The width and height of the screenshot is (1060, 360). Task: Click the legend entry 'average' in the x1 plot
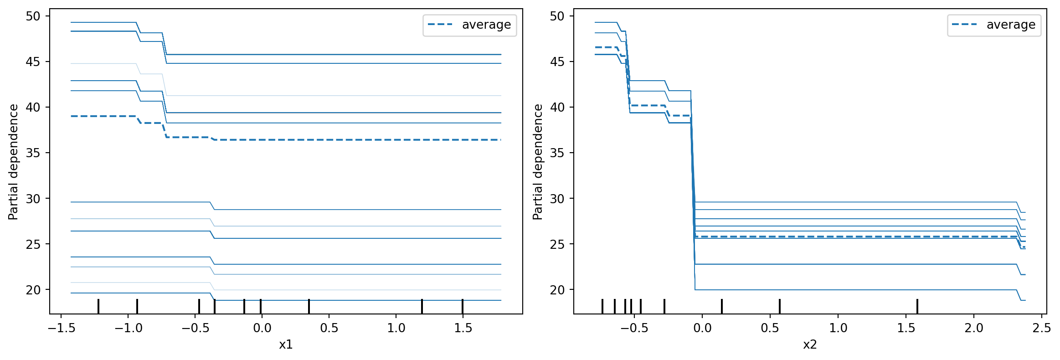pos(486,25)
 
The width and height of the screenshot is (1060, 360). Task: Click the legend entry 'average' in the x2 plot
pos(1011,25)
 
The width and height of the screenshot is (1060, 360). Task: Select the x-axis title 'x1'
pos(286,345)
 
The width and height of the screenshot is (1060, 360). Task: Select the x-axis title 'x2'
pos(810,345)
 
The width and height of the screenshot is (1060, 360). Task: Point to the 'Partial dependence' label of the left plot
pos(13,162)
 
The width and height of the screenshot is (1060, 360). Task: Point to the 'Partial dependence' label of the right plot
pos(538,162)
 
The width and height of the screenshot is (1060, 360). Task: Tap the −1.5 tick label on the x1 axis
pos(62,328)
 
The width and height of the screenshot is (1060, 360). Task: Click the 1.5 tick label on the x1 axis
pos(463,328)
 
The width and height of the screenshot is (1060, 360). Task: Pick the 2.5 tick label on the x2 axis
pos(1041,328)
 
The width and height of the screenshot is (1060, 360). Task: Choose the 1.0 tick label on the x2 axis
pos(838,328)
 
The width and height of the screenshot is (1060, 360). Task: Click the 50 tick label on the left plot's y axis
pos(33,16)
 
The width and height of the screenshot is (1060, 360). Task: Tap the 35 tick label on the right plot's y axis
pos(557,153)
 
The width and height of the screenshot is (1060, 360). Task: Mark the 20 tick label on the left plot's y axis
pos(33,290)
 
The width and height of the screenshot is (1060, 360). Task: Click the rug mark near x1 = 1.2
pos(422,306)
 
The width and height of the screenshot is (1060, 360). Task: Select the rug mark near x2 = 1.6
pos(917,306)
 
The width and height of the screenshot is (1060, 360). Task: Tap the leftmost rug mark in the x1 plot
pos(98,306)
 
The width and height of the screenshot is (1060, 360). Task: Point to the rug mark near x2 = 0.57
pos(780,306)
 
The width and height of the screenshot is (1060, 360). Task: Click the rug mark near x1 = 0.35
pos(309,306)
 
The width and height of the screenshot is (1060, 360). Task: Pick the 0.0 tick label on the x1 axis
pos(262,328)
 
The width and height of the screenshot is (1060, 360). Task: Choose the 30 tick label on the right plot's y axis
pos(557,199)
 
